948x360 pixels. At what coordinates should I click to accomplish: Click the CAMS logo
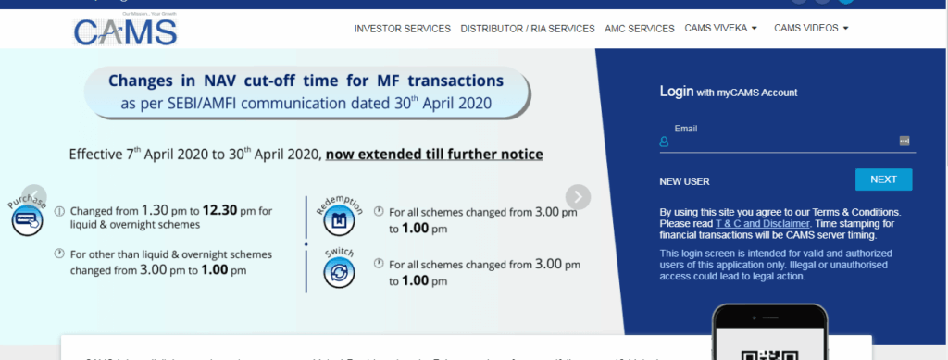click(126, 31)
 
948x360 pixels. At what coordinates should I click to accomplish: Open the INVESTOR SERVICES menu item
click(403, 29)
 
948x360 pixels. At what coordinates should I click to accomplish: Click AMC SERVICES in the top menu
click(640, 29)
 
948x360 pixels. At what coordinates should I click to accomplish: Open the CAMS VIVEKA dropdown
click(721, 29)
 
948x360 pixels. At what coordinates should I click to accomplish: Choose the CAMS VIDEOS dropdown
click(811, 29)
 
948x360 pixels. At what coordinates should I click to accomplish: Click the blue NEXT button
click(883, 180)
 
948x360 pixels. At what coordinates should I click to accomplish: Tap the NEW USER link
click(684, 181)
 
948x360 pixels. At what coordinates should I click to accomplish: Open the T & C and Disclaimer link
click(762, 223)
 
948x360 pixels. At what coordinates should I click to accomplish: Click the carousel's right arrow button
click(578, 196)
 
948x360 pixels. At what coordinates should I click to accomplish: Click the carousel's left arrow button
click(33, 196)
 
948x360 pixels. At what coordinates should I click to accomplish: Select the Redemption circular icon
click(338, 220)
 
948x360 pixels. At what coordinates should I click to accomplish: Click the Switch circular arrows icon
click(338, 272)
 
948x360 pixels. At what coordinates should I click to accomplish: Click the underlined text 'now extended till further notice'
click(433, 154)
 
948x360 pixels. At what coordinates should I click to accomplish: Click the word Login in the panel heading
click(676, 92)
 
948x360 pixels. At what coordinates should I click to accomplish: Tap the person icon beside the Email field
click(664, 142)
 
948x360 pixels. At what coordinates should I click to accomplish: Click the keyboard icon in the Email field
click(904, 141)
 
